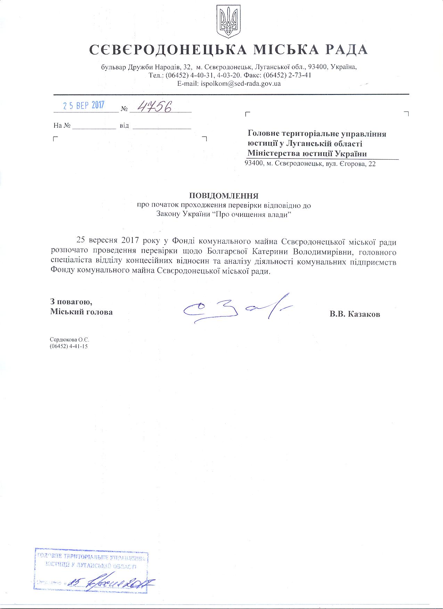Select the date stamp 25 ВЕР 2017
tap(84, 105)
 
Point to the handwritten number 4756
tap(154, 108)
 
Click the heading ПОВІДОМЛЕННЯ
tap(224, 195)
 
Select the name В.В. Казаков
tap(355, 314)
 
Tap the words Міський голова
tap(81, 312)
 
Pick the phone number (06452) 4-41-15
tap(69, 346)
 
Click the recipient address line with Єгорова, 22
tap(310, 164)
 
